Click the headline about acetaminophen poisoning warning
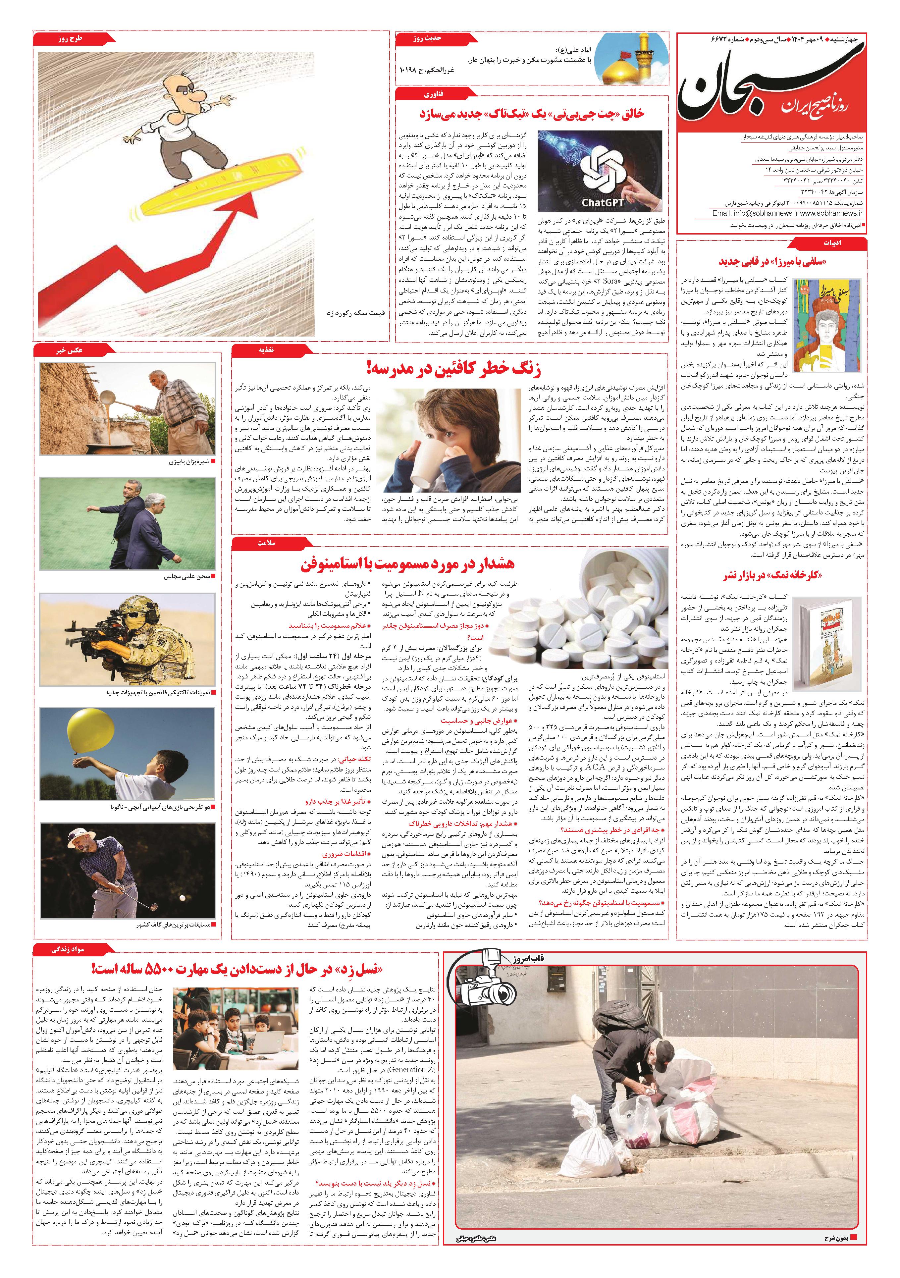408,564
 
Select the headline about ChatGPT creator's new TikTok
532,114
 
